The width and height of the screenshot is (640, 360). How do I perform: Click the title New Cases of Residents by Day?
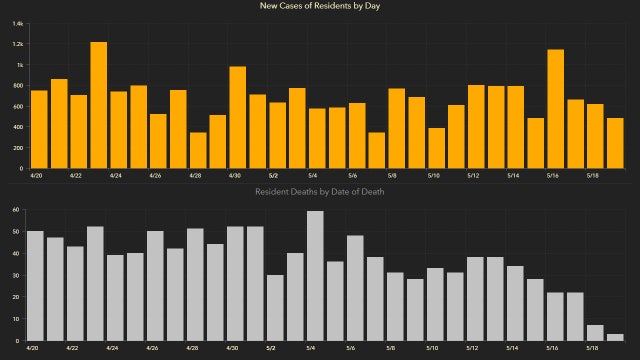320,7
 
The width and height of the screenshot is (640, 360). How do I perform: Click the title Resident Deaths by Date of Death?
320,190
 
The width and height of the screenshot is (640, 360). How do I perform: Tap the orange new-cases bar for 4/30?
238,117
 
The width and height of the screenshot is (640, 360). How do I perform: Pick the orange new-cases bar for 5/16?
556,109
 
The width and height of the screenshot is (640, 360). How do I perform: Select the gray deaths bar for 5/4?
315,275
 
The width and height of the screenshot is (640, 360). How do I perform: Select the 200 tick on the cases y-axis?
18,147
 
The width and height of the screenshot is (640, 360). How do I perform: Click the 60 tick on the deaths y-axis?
18,210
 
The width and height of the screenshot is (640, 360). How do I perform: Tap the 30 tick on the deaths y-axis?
18,275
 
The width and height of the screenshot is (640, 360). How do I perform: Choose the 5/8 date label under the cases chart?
394,175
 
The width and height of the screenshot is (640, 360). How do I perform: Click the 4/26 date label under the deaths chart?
154,348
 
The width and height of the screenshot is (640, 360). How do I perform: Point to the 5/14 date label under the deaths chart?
513,348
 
